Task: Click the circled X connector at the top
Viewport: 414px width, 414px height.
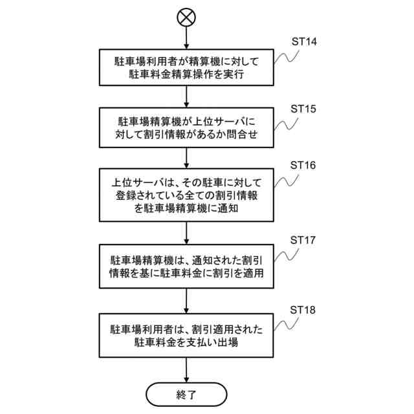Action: point(186,17)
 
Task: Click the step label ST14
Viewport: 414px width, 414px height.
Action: point(303,41)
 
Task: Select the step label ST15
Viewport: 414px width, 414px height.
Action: point(303,108)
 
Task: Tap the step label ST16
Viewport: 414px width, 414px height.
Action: point(303,165)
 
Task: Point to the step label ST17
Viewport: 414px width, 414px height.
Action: point(303,240)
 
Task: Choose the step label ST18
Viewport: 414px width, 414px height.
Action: point(303,310)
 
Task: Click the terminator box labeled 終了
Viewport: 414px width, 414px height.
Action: point(186,393)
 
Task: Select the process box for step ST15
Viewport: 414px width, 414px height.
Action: point(186,127)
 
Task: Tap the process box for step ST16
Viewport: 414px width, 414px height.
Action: point(186,195)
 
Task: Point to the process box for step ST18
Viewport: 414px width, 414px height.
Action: point(186,336)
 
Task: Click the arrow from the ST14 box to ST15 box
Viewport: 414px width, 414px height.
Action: point(186,96)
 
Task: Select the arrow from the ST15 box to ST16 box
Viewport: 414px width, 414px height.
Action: point(186,158)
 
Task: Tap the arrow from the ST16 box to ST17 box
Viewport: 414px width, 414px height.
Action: point(186,232)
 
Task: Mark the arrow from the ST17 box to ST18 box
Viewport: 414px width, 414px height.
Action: point(186,301)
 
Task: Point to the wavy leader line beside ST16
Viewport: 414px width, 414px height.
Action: point(285,182)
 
